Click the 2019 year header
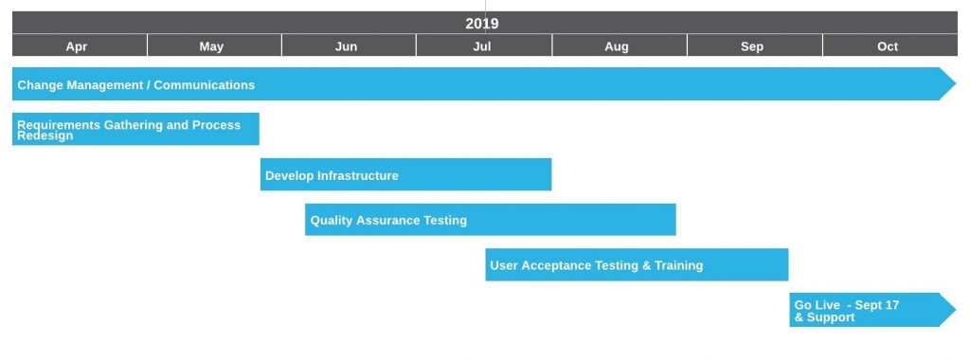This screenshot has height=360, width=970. [x=482, y=24]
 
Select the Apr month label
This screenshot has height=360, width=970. [x=77, y=46]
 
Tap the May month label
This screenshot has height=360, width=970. [x=211, y=46]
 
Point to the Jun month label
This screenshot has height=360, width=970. [x=347, y=46]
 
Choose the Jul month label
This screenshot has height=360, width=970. [x=482, y=46]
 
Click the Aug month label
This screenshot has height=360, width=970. [x=617, y=46]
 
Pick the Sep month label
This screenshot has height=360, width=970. [x=752, y=46]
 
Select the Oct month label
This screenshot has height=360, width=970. [x=888, y=46]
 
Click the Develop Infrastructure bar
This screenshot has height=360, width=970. [x=405, y=174]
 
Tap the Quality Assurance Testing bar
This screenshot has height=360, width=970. [x=491, y=220]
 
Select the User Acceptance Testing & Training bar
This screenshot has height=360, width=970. [x=637, y=264]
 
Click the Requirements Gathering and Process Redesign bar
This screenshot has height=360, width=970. [x=135, y=129]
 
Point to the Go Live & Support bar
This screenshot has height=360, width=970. [x=872, y=310]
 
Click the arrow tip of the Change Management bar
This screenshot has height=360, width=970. [x=956, y=83]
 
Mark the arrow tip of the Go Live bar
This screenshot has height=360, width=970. [x=956, y=310]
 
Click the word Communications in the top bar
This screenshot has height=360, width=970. [x=205, y=84]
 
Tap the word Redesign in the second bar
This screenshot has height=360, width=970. [x=45, y=135]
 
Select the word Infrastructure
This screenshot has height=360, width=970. [x=357, y=175]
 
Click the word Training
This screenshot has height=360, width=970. [x=678, y=265]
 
